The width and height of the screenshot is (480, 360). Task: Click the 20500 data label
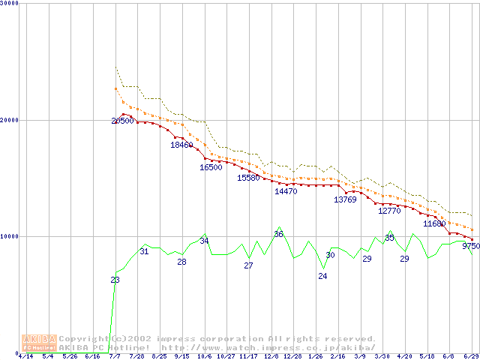[122, 121]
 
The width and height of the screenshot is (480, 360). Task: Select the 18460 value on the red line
[181, 145]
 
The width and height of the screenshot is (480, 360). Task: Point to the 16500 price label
[211, 167]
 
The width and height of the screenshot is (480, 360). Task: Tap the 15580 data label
[248, 178]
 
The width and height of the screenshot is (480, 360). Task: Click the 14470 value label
[286, 191]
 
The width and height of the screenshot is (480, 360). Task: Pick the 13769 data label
[345, 199]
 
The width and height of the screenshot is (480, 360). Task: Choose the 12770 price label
[389, 211]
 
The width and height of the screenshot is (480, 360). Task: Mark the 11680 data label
[434, 223]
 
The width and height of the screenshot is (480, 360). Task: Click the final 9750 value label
[471, 245]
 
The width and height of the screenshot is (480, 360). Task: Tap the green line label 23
[115, 280]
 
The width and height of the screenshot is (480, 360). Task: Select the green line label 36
[278, 234]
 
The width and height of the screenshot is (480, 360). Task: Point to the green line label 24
[322, 276]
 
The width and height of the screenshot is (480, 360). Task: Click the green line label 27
[248, 265]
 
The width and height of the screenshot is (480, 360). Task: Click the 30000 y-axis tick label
[8, 3]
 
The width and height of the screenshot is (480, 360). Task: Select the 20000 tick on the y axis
[8, 120]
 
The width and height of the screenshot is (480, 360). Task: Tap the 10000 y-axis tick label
[8, 236]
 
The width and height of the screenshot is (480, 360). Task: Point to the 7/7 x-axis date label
[115, 356]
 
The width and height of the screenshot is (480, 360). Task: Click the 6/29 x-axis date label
[471, 356]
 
